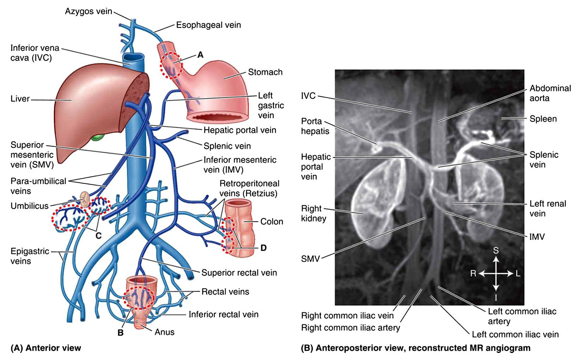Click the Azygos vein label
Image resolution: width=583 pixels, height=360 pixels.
click(x=88, y=11)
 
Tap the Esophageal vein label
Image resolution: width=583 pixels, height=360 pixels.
click(x=208, y=25)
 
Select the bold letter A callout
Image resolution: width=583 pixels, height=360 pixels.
click(x=200, y=55)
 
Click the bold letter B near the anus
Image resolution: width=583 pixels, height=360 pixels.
click(x=120, y=332)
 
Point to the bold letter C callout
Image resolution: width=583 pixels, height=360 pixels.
click(x=98, y=236)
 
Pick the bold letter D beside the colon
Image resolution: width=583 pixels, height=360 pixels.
click(x=263, y=248)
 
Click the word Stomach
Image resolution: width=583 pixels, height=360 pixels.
click(x=265, y=72)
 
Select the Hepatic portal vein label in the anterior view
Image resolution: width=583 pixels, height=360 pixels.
click(x=240, y=130)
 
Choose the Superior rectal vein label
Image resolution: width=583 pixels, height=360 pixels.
click(x=239, y=273)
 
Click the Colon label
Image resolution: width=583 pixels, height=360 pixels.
click(x=271, y=221)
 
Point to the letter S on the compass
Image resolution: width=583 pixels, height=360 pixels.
click(x=496, y=250)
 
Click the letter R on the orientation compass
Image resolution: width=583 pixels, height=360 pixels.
click(x=473, y=273)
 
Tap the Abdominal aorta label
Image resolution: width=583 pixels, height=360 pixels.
click(x=550, y=93)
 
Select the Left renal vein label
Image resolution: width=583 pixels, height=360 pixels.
click(x=547, y=208)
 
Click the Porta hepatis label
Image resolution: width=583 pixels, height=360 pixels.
click(x=315, y=126)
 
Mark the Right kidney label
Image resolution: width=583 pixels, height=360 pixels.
click(x=313, y=213)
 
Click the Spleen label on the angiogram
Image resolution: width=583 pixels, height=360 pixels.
click(x=543, y=119)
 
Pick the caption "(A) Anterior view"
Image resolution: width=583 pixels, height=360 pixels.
click(x=46, y=348)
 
